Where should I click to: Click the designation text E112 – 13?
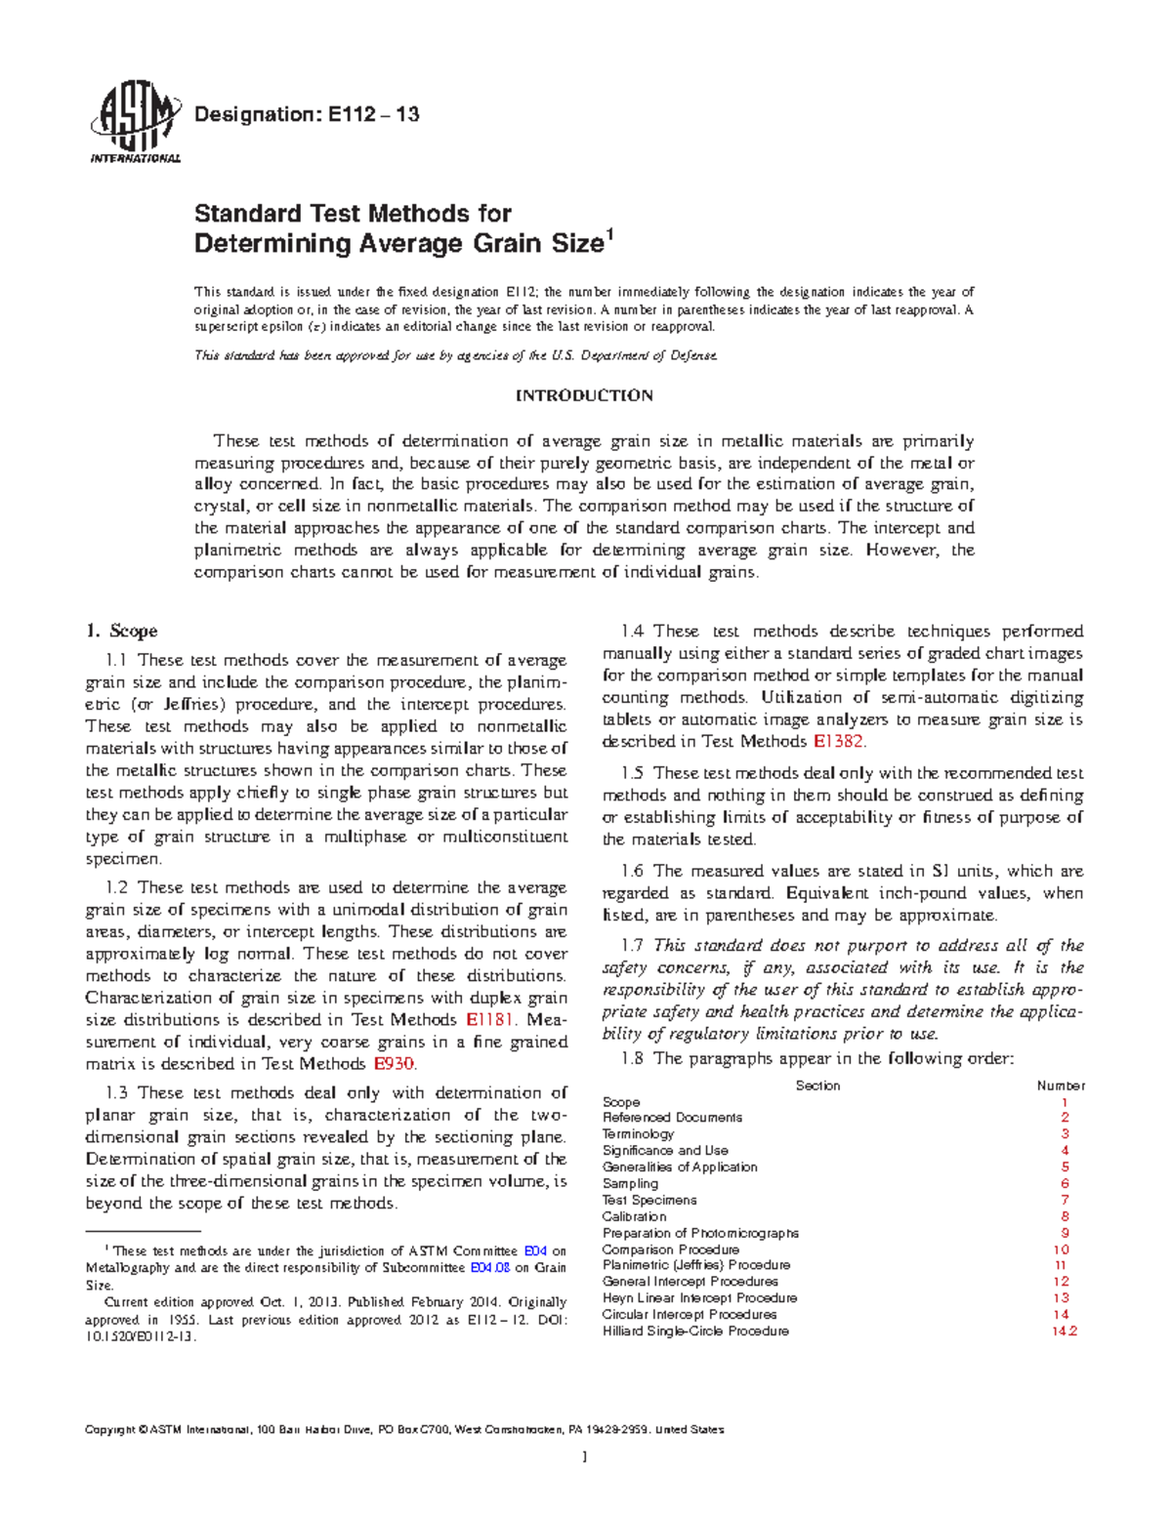click(x=307, y=114)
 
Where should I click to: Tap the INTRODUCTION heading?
click(x=584, y=395)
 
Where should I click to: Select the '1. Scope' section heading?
click(x=121, y=631)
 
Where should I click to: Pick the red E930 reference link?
click(x=395, y=1064)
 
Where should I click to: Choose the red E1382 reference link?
click(x=838, y=741)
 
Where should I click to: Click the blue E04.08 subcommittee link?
click(x=490, y=1268)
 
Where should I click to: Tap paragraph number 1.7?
click(x=632, y=945)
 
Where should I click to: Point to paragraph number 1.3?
click(x=115, y=1093)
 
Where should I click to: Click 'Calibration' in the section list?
click(x=634, y=1216)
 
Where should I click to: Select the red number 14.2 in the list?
click(x=1064, y=1332)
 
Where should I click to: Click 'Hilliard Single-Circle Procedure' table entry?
click(x=695, y=1332)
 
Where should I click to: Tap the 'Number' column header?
click(x=1061, y=1086)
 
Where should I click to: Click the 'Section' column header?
click(x=817, y=1086)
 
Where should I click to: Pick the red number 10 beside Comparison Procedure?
click(x=1062, y=1250)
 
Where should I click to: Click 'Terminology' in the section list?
click(x=638, y=1134)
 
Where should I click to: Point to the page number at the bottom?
click(x=584, y=1457)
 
